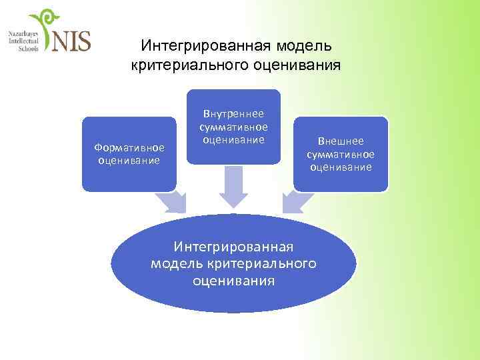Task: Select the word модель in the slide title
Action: pos(301,46)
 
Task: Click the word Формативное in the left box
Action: pos(129,147)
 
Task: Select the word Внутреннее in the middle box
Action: pos(233,114)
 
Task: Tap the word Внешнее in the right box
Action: pos(341,142)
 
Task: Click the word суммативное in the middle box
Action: pos(233,127)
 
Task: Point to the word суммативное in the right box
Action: pos(341,155)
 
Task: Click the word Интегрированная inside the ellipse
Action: pos(233,248)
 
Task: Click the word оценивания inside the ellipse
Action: pos(233,280)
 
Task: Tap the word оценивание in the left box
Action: pos(129,160)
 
